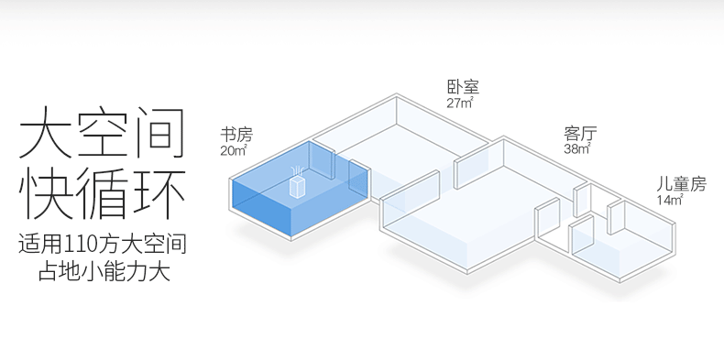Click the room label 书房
pyautogui.click(x=236, y=135)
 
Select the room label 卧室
pyautogui.click(x=463, y=87)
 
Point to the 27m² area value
pyautogui.click(x=460, y=103)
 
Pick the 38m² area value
pyautogui.click(x=577, y=148)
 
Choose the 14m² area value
pyautogui.click(x=670, y=200)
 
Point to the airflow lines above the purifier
pyautogui.click(x=297, y=171)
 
